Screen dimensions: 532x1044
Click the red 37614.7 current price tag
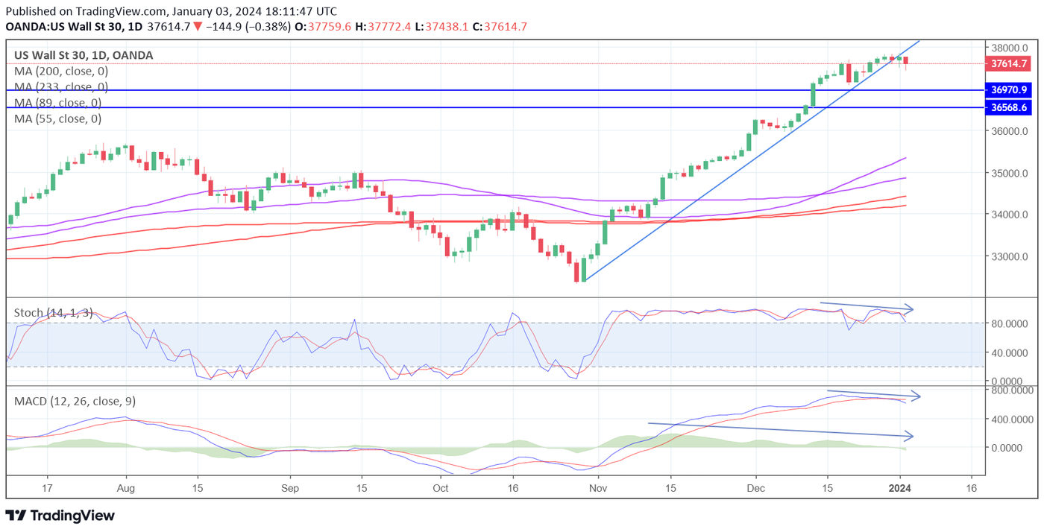(x=1009, y=64)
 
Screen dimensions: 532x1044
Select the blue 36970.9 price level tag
(x=1009, y=90)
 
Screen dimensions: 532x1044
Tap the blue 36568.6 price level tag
(x=1009, y=108)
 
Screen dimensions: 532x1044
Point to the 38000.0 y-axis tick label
(x=1007, y=47)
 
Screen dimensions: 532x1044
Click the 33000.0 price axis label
(x=1007, y=257)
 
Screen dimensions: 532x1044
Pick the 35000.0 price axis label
(x=1007, y=174)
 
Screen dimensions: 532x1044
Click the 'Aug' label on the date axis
(x=126, y=488)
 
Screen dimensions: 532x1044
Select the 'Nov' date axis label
(x=597, y=488)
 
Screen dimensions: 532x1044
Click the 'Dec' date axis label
(x=755, y=488)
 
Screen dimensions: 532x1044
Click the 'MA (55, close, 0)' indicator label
(x=58, y=118)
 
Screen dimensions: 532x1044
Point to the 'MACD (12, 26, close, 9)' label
(x=75, y=402)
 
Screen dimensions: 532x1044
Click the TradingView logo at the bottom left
(x=60, y=516)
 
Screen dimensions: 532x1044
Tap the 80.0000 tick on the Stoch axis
(x=1010, y=324)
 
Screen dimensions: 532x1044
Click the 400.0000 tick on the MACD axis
(x=1010, y=419)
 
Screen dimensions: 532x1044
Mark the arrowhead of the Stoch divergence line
(x=911, y=308)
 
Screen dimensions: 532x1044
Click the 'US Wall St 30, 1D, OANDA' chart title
(x=84, y=56)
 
